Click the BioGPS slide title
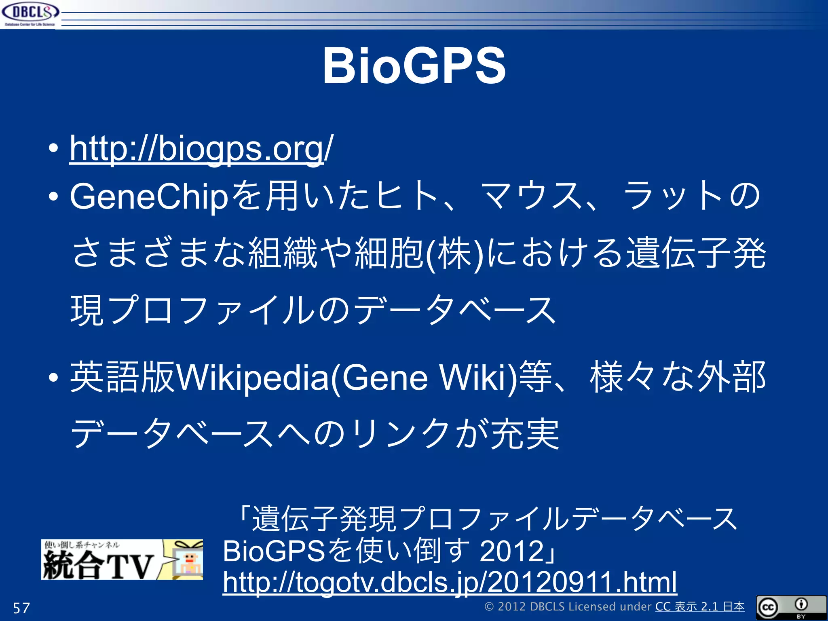click(x=414, y=66)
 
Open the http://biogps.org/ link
click(x=201, y=149)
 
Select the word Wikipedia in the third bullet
click(x=253, y=378)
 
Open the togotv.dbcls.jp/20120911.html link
click(x=450, y=582)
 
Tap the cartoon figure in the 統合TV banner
click(x=188, y=562)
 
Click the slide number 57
click(x=21, y=608)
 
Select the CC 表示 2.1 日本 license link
click(x=699, y=607)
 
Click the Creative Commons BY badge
click(x=791, y=607)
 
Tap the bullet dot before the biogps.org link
click(x=53, y=149)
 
